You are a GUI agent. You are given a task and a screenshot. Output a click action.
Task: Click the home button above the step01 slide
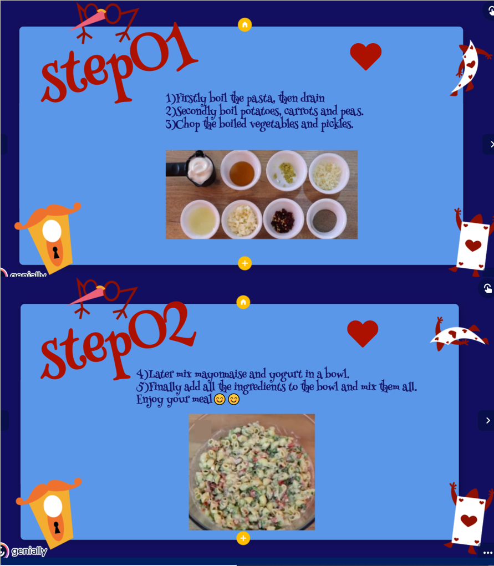(x=245, y=25)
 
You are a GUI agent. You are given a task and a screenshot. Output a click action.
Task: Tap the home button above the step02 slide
(x=243, y=302)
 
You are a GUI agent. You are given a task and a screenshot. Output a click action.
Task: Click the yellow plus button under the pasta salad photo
(x=243, y=538)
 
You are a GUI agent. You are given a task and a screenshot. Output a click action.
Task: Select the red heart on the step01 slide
(x=365, y=56)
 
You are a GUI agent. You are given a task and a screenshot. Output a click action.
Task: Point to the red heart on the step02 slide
(x=363, y=333)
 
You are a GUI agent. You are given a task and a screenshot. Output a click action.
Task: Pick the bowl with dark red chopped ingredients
(x=283, y=219)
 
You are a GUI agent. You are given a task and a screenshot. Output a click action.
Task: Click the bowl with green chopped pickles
(x=287, y=171)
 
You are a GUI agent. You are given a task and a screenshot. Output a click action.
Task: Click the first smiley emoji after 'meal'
(x=220, y=399)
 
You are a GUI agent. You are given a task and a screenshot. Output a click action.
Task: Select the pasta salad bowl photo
(x=252, y=472)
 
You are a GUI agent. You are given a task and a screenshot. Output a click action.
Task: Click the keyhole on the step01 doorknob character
(x=56, y=252)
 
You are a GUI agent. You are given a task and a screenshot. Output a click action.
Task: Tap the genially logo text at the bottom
(x=29, y=551)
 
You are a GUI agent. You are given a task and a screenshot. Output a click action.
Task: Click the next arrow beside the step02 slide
(x=488, y=421)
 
